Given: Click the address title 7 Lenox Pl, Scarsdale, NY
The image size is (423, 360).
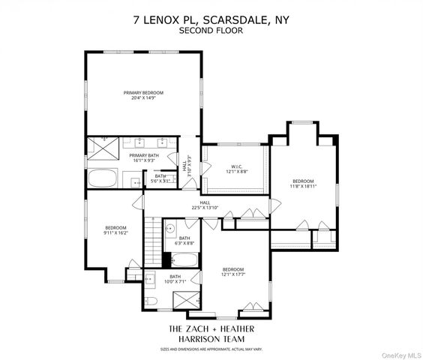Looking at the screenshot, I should pyautogui.click(x=211, y=20).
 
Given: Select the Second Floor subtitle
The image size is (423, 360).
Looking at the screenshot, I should pyautogui.click(x=211, y=31).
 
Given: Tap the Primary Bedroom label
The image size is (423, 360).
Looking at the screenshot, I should pyautogui.click(x=143, y=95).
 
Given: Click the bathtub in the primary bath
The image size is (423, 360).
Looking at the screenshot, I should pyautogui.click(x=102, y=179).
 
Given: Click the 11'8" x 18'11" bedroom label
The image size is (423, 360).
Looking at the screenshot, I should pyautogui.click(x=303, y=184).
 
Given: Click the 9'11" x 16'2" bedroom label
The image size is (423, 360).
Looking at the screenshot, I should pyautogui.click(x=115, y=230).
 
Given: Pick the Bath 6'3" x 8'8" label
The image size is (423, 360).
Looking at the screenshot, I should pyautogui.click(x=184, y=241).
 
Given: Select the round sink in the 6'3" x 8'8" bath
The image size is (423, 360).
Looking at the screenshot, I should pyautogui.click(x=169, y=229).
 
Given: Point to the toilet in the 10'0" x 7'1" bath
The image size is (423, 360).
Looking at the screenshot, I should pyautogui.click(x=150, y=301).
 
